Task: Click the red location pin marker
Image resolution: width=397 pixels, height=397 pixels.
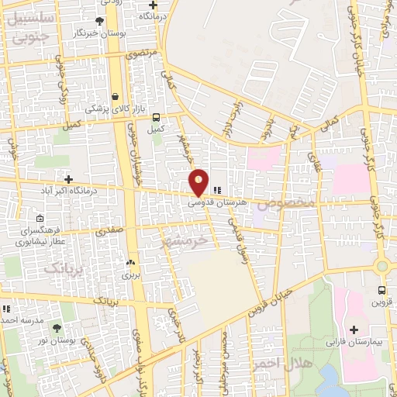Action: point(199,182)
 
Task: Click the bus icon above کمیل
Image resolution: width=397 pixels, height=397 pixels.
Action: point(157,118)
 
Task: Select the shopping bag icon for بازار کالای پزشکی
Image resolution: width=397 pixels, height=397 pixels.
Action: point(116,97)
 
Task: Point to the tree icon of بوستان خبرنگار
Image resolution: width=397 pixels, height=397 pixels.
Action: point(99,21)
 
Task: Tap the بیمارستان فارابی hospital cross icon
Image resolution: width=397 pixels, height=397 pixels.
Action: point(354,330)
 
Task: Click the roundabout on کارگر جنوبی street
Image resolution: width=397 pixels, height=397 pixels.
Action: point(382,266)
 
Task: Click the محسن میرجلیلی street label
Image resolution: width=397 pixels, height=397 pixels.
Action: point(225,357)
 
